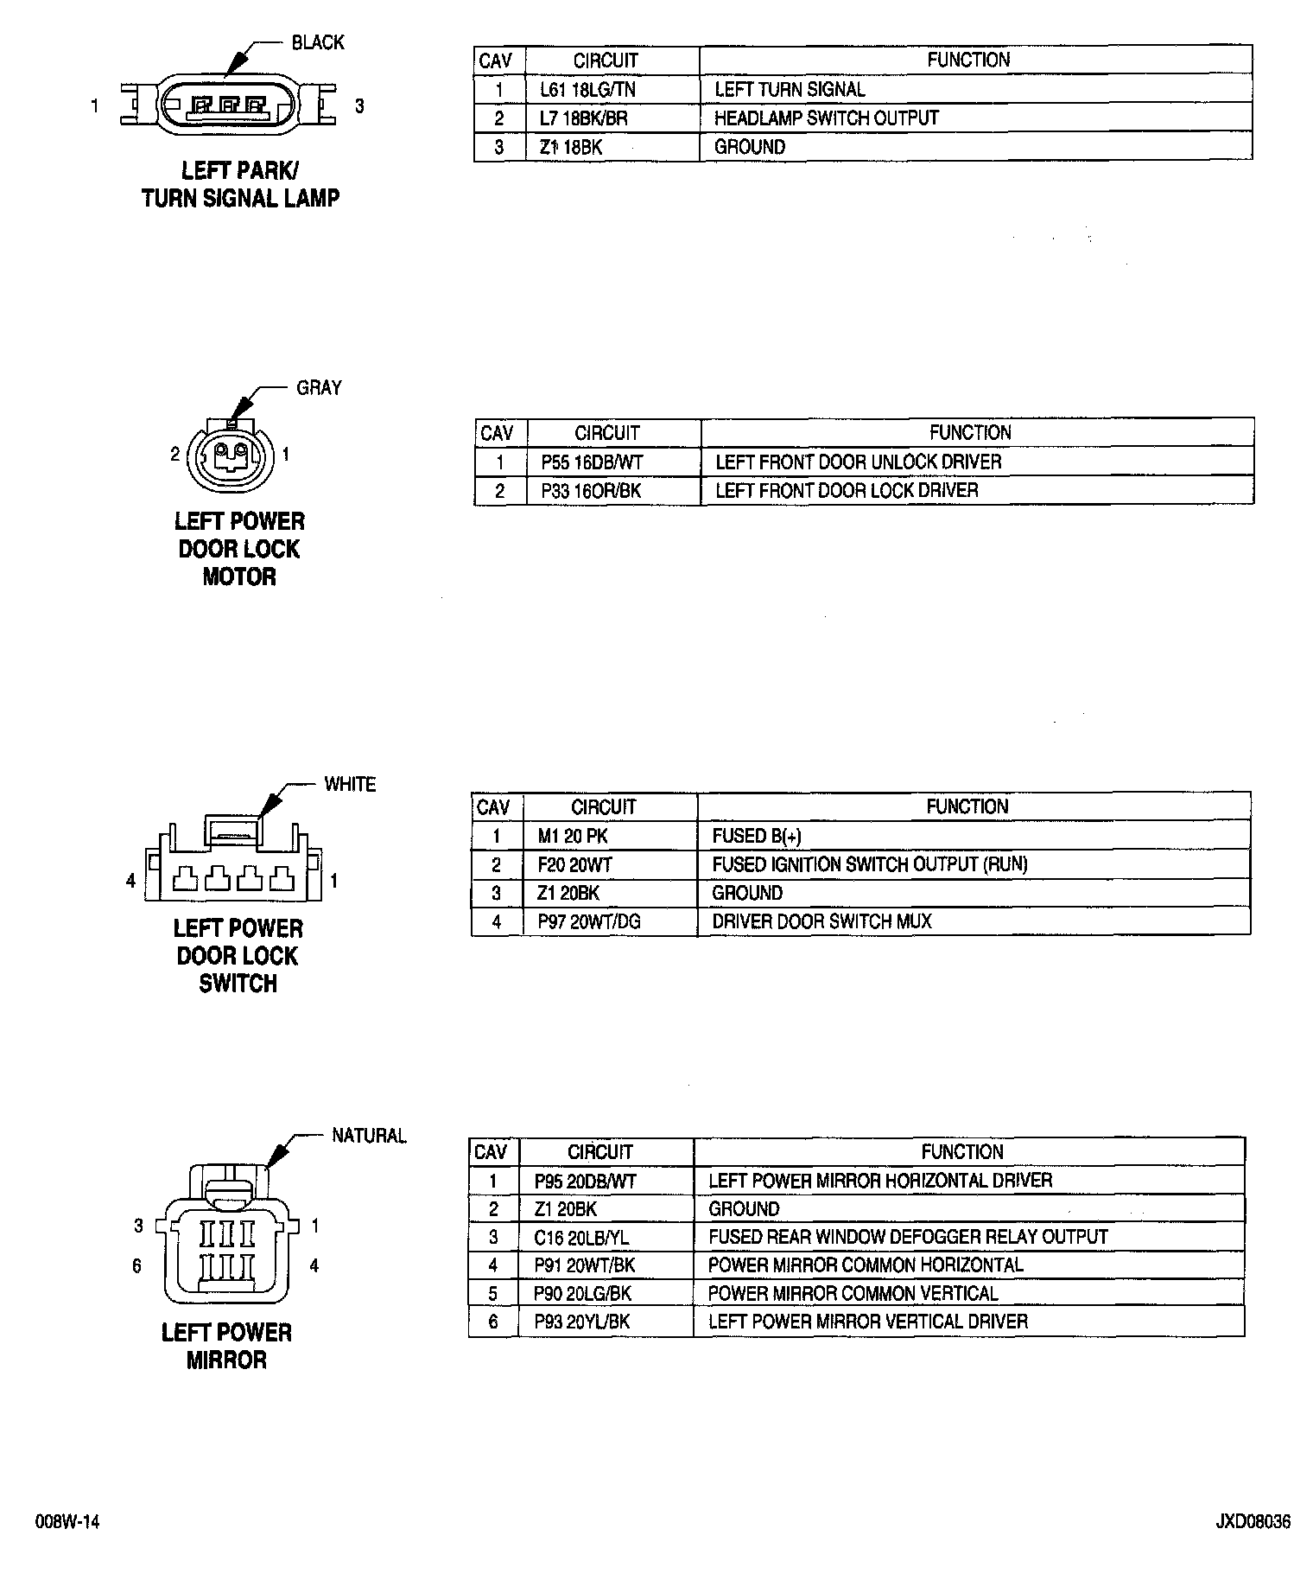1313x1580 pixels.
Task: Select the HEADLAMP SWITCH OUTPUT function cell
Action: coord(826,118)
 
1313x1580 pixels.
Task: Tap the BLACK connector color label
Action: coord(317,43)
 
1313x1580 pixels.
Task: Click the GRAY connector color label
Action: coord(319,388)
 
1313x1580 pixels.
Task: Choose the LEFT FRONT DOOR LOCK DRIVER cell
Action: coord(847,491)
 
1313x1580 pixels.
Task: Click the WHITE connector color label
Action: coord(350,785)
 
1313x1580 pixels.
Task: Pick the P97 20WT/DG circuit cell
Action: coord(589,921)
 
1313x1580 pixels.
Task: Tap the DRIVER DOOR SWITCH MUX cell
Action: coord(821,921)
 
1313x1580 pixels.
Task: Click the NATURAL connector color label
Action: coord(369,1136)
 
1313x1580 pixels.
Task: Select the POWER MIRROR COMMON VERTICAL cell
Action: coord(853,1294)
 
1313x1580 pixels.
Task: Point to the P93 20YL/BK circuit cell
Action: coord(581,1322)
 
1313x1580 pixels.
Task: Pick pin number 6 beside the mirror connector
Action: coord(136,1266)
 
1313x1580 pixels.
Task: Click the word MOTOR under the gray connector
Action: coord(238,577)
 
